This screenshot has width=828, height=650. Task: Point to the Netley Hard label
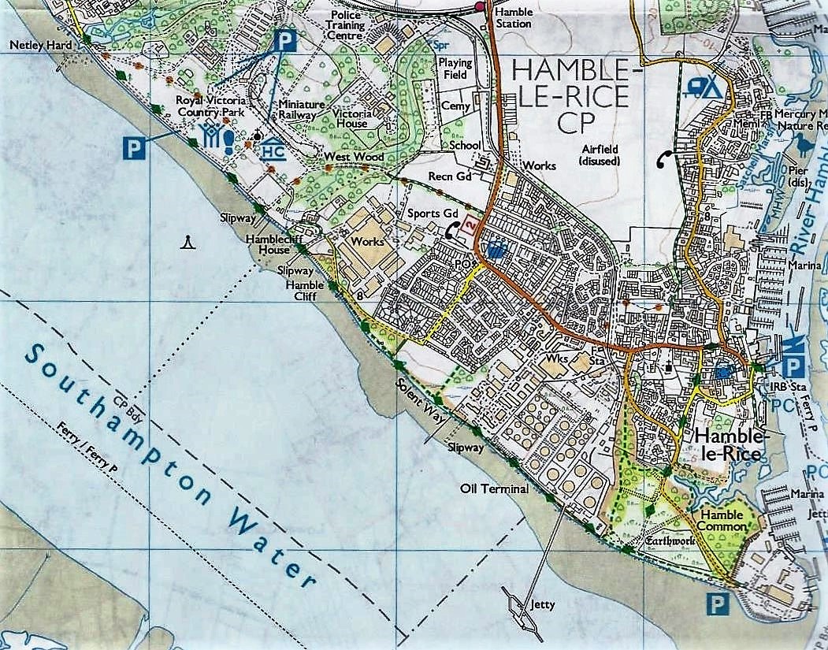pos(40,46)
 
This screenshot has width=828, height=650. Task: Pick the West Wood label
pos(354,158)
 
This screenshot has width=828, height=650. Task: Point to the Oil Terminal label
pos(495,489)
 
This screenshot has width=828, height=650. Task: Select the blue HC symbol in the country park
pos(273,147)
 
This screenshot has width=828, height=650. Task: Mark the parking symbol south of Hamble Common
pos(715,604)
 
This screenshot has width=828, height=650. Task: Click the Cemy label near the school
pos(456,106)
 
